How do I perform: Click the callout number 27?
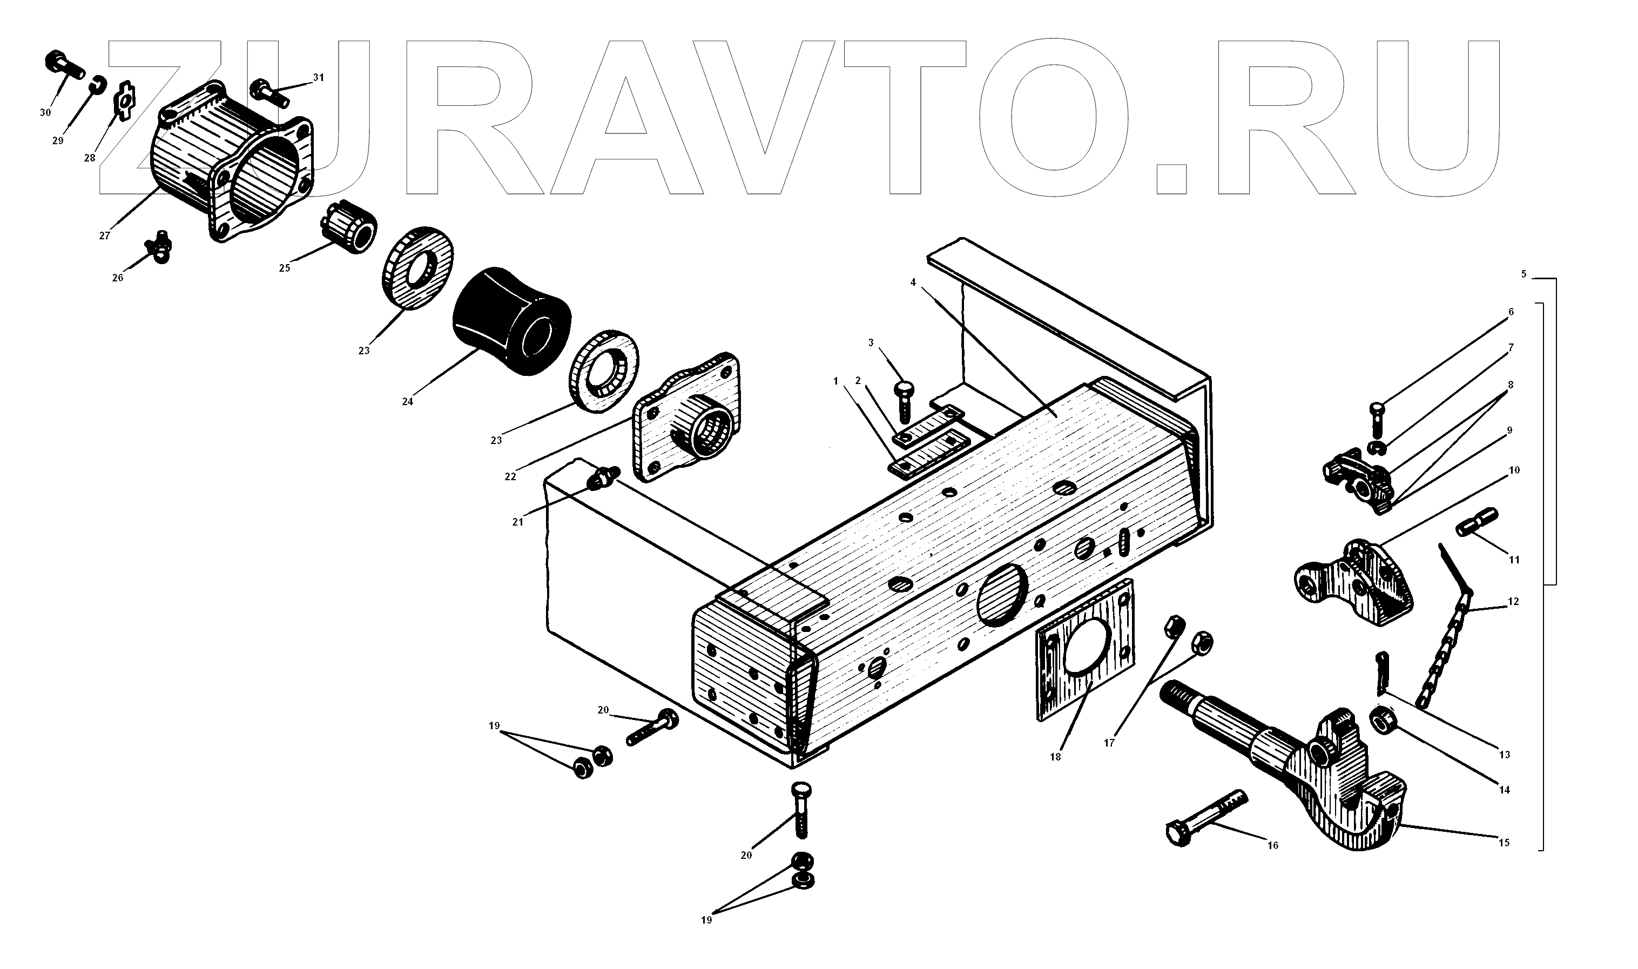tap(104, 235)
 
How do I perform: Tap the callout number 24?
tap(407, 401)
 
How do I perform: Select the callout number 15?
tap(1504, 843)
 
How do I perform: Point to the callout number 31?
tap(318, 78)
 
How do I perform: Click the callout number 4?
tap(913, 282)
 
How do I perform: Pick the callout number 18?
tap(1056, 757)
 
